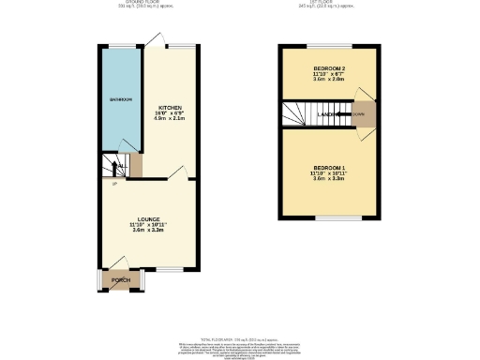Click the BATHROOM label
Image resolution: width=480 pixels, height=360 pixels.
pos(119,99)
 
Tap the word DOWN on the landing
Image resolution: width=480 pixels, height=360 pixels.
pos(358,114)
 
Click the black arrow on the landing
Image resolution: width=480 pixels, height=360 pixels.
pos(343,114)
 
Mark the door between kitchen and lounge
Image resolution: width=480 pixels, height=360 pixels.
pos(179,172)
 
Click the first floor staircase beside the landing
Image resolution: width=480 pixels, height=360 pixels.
pos(298,115)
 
